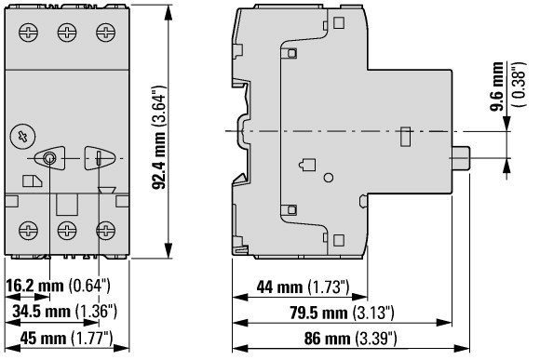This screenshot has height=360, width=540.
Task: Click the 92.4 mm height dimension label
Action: click(x=159, y=138)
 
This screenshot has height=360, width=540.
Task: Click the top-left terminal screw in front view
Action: click(x=28, y=33)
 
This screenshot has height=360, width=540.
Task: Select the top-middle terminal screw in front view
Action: click(x=67, y=33)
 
